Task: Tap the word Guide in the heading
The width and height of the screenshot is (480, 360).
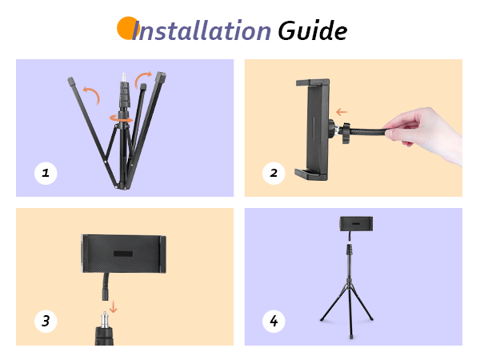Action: click(x=312, y=31)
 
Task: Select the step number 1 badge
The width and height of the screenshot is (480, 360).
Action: click(x=46, y=173)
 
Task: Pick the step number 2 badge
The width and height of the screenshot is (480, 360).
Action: click(x=274, y=173)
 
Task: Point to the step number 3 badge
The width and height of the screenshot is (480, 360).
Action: click(x=46, y=322)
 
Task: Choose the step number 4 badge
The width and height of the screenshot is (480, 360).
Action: click(x=274, y=322)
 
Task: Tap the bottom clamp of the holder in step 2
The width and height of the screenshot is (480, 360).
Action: click(x=310, y=172)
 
